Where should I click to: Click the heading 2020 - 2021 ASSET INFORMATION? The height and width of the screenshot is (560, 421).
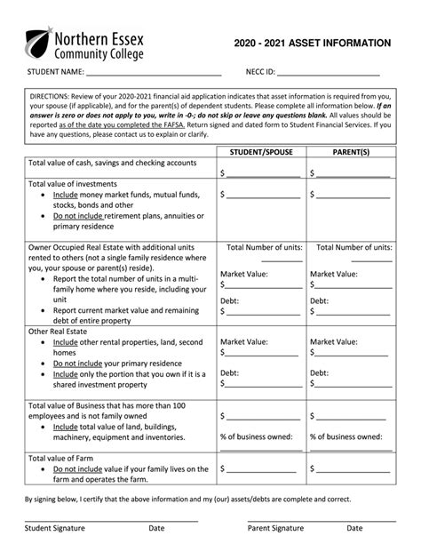(312, 42)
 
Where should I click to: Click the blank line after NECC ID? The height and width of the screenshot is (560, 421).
(328, 74)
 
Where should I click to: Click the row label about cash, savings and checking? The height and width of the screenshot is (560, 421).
(112, 164)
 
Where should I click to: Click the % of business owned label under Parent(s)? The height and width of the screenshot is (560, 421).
(346, 436)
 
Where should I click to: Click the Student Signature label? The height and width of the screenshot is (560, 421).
(55, 527)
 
